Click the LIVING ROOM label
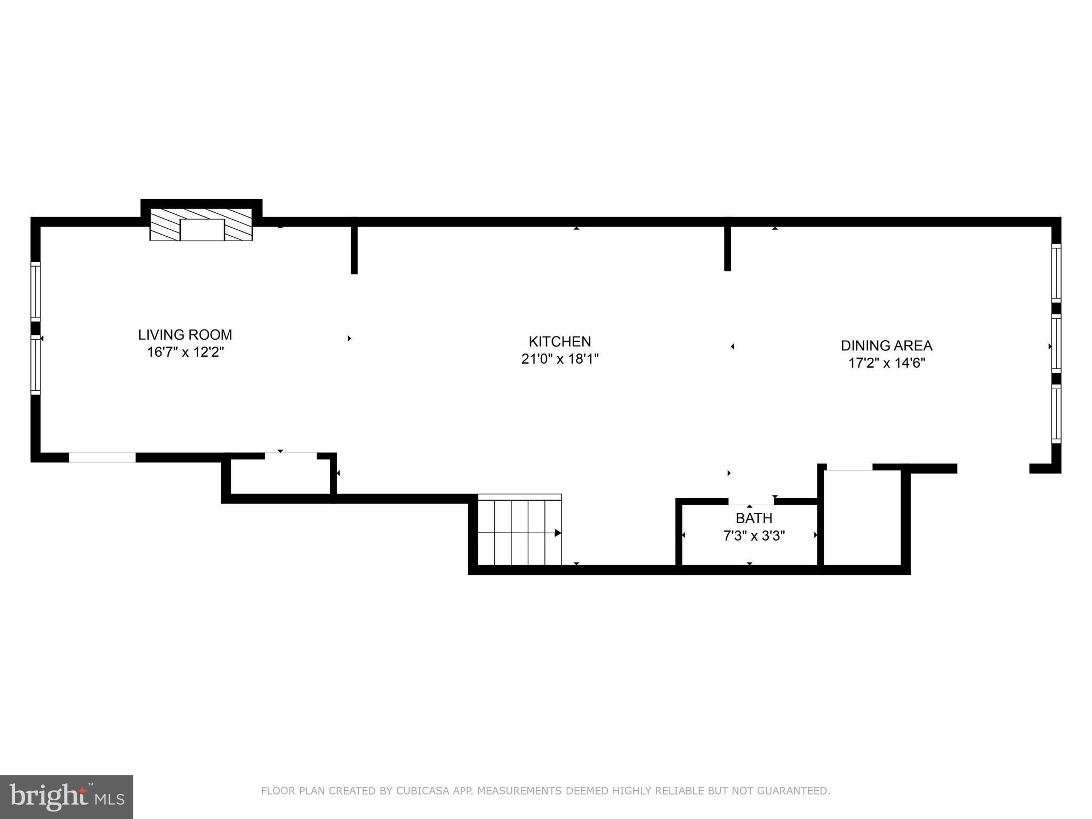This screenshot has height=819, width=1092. tap(185, 335)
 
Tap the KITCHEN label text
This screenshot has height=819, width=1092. tap(560, 341)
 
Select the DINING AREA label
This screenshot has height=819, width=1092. tap(886, 346)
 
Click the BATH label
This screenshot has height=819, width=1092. tap(754, 518)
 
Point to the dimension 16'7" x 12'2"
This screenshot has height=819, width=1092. tap(185, 352)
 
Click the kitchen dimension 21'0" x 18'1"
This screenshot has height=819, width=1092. tap(560, 359)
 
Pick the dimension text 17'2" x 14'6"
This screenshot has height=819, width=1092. tap(886, 363)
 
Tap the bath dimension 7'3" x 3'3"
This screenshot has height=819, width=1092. tap(754, 535)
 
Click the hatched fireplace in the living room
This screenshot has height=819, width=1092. tap(201, 224)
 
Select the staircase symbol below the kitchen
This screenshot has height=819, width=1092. tap(519, 529)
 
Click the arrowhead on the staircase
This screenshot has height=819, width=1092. tap(558, 533)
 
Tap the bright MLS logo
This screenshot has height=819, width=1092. tap(67, 797)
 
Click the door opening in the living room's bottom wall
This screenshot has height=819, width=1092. tap(102, 457)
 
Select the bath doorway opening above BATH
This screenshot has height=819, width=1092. tap(751, 501)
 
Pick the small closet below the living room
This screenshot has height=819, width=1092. tap(280, 476)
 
